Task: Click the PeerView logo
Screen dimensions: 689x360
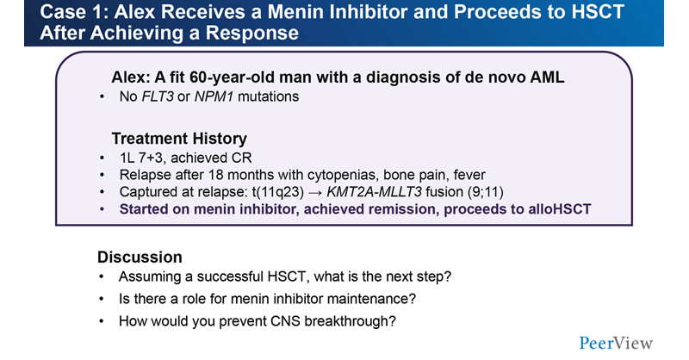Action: (616, 343)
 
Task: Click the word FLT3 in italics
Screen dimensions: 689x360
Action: (158, 96)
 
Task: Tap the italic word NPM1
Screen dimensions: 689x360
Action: (214, 96)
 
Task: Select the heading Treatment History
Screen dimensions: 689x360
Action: (179, 139)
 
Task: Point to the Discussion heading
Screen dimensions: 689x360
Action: (140, 258)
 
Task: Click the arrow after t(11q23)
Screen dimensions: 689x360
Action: (315, 193)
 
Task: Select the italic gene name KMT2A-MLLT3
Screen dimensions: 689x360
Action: (375, 192)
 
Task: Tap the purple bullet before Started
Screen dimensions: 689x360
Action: (102, 209)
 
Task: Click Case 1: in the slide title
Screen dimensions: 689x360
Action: (74, 12)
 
